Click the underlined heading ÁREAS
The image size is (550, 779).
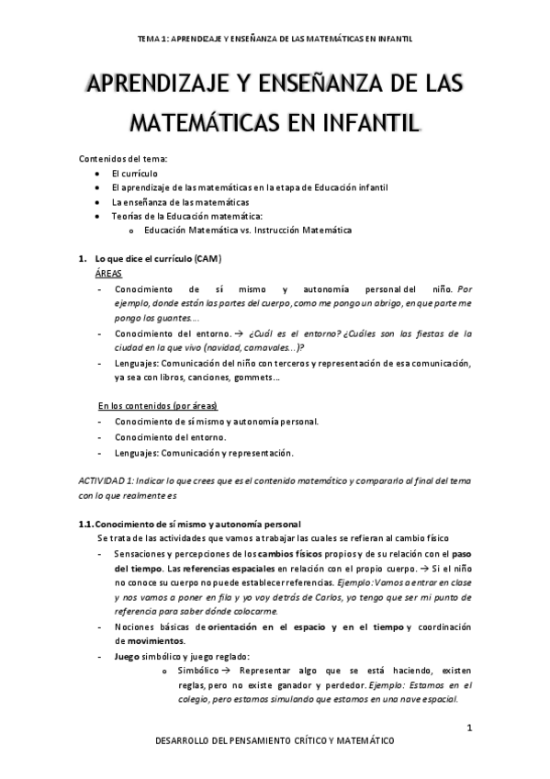click(108, 274)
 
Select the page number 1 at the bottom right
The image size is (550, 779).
click(469, 728)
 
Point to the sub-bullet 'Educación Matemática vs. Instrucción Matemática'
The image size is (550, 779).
click(248, 230)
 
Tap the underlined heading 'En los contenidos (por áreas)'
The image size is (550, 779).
click(163, 406)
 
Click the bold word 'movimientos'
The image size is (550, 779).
click(151, 640)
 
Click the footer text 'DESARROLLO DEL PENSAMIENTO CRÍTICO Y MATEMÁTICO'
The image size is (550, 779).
click(275, 740)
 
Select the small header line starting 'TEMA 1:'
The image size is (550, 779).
click(275, 40)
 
